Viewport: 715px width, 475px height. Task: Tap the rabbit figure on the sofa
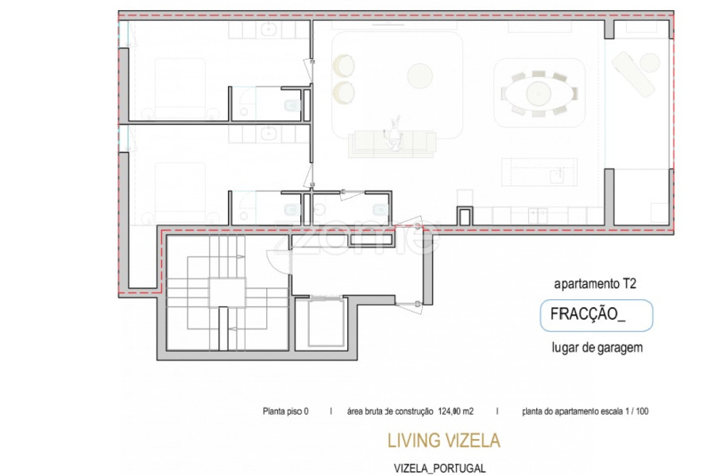(x=393, y=134)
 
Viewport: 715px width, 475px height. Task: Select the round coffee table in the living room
(x=418, y=76)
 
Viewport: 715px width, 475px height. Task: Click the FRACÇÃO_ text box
(x=596, y=315)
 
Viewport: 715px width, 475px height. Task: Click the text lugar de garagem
(x=596, y=347)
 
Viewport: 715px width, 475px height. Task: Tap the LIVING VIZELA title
(x=443, y=440)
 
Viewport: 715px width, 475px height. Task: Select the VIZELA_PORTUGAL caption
(x=439, y=469)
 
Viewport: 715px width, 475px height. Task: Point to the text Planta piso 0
(x=285, y=412)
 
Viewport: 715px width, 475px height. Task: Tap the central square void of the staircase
(x=227, y=291)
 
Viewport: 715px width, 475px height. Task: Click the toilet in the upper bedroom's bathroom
(x=292, y=104)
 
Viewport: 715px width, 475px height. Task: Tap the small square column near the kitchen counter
(x=465, y=215)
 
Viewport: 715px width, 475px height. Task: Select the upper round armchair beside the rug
(x=345, y=64)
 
